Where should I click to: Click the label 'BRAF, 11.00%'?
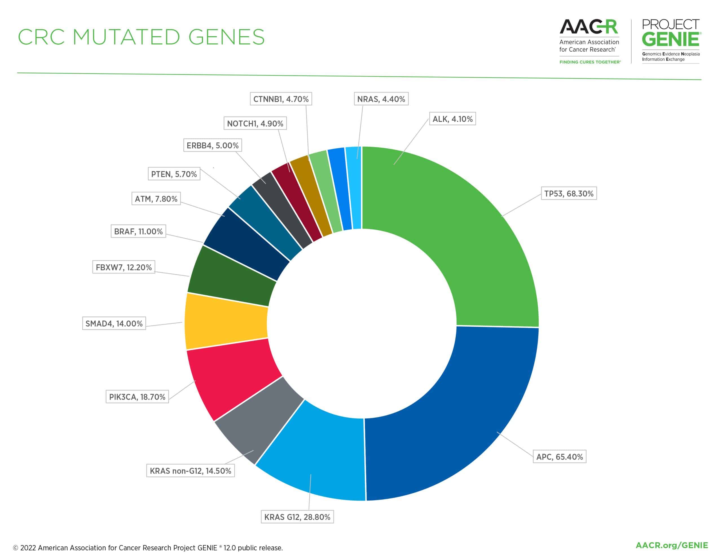point(138,232)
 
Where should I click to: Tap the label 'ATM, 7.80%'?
point(156,199)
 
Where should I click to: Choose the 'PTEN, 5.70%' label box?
point(174,174)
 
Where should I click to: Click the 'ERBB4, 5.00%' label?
point(213,146)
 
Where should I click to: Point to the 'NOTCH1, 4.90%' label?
point(255,124)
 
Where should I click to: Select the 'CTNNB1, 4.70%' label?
point(281,99)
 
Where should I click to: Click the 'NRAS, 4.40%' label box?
point(381,99)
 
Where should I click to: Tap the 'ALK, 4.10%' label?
point(452,119)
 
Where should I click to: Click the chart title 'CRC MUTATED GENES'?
point(141,37)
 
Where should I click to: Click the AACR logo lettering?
point(588,27)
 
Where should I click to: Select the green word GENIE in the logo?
point(670,39)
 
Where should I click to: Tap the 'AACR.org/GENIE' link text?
point(672,545)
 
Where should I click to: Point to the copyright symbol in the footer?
point(16,548)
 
